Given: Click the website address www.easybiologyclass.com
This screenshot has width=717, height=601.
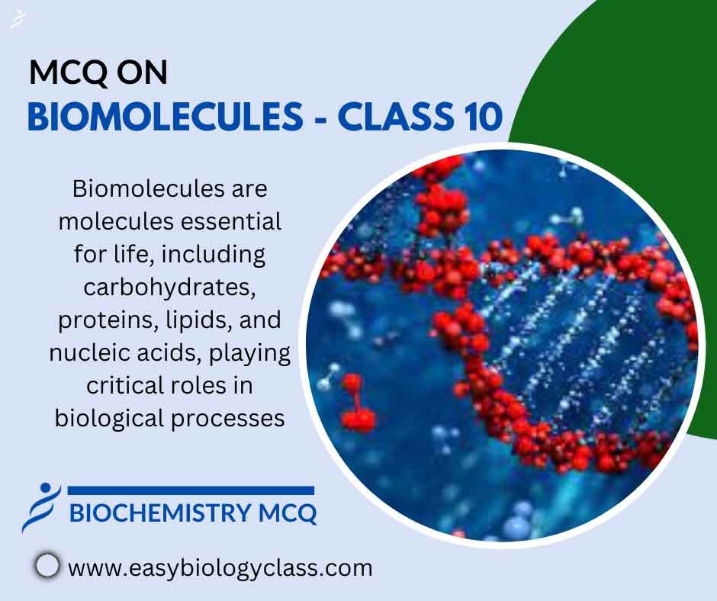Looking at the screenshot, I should pos(220,567).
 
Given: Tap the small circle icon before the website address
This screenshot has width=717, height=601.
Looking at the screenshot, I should pos(47,565).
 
